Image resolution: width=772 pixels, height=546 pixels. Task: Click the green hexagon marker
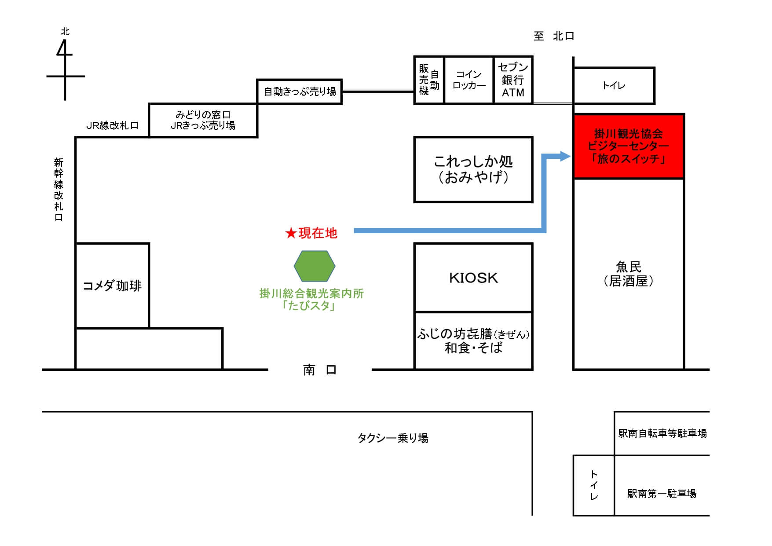point(315,266)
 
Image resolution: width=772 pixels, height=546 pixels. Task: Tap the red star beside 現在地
point(291,233)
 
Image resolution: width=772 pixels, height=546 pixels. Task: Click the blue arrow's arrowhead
point(565,156)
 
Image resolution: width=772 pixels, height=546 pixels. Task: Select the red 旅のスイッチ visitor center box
point(629,146)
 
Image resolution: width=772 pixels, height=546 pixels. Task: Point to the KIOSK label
point(473,278)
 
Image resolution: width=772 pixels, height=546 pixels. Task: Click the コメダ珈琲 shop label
point(112,286)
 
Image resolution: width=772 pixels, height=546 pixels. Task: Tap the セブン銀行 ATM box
point(513,80)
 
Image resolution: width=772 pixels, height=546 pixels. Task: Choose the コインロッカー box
point(469,80)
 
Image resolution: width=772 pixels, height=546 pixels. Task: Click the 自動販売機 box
point(429,80)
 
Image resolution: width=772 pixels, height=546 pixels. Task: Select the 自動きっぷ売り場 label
point(300,92)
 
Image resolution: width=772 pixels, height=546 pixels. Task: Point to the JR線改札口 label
point(113,126)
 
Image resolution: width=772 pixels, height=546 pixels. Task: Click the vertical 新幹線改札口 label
point(59,190)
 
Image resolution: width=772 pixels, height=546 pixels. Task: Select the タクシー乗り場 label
point(393,438)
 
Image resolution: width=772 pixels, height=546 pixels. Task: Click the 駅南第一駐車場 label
point(662,494)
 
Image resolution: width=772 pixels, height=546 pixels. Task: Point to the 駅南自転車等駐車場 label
point(662,433)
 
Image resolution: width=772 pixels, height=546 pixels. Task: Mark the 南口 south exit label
point(320,370)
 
